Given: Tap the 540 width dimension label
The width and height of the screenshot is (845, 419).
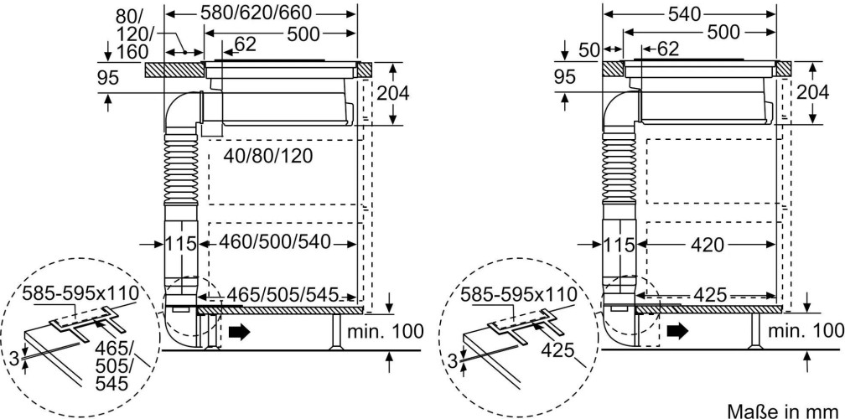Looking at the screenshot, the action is coord(684,14).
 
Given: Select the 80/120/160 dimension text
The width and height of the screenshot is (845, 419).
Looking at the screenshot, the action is coord(132,34).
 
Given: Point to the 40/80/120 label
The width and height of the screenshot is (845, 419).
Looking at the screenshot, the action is coord(268,156).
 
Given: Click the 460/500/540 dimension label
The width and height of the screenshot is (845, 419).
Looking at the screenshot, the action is coord(274,242).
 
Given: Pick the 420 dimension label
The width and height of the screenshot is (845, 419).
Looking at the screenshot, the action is coord(708,245).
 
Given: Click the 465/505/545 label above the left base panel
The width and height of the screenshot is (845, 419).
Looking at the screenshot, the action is coord(283,295).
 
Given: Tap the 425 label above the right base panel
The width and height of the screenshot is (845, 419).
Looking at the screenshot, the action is coord(710,295).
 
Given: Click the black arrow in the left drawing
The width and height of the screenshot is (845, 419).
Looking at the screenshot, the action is coord(239,332).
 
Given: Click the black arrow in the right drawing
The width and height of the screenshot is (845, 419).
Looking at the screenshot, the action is coord(677,332).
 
